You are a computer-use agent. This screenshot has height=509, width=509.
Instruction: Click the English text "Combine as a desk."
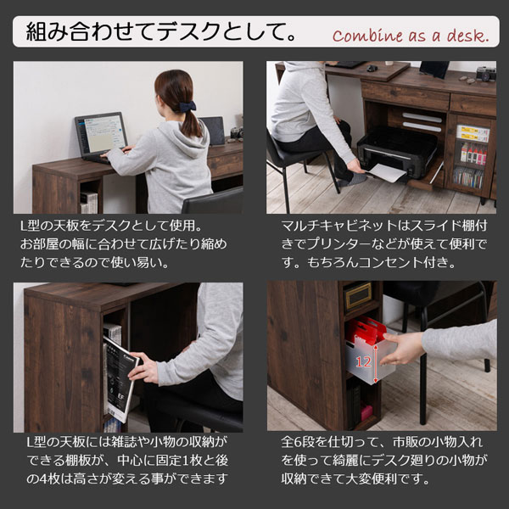411,36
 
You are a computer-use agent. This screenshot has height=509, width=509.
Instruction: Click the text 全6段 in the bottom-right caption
298,444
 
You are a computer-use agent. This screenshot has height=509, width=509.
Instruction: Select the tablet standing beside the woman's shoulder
213,130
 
